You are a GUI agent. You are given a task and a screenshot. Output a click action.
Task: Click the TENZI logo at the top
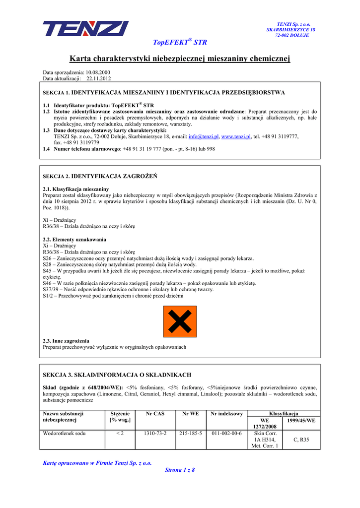(x=85, y=29)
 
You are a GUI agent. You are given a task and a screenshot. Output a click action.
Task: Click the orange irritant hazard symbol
(x=180, y=321)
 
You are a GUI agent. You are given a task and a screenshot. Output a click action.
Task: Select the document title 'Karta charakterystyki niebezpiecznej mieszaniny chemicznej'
(x=179, y=59)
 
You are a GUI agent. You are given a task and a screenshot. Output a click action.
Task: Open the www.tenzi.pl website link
(x=236, y=136)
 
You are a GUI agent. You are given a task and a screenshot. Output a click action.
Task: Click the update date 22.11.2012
(x=99, y=78)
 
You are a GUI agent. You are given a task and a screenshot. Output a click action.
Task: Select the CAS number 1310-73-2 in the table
(x=155, y=433)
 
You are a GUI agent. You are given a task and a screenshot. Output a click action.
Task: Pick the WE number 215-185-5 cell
(x=191, y=433)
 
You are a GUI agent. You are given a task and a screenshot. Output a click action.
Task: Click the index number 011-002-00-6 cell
(x=226, y=433)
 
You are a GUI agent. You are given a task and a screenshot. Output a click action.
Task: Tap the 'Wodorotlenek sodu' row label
(x=65, y=433)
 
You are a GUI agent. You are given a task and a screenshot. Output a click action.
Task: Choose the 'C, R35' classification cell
(x=301, y=440)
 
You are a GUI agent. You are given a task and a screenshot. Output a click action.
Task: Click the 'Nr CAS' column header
(x=155, y=413)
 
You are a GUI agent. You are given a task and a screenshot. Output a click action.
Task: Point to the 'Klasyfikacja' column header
(x=283, y=413)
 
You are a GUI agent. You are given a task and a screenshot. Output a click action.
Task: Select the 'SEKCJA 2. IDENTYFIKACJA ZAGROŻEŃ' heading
(x=100, y=176)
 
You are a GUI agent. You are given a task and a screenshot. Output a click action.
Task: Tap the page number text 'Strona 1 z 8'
(x=180, y=470)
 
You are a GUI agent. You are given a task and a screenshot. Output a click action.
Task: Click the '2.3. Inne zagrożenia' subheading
(x=67, y=341)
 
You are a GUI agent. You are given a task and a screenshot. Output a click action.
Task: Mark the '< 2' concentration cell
(x=120, y=433)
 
